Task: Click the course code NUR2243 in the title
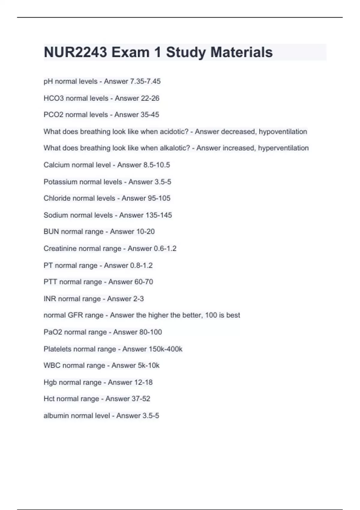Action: coord(75,52)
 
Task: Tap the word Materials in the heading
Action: coord(241,52)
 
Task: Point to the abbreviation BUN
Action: coord(51,232)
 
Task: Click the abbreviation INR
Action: coord(49,299)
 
